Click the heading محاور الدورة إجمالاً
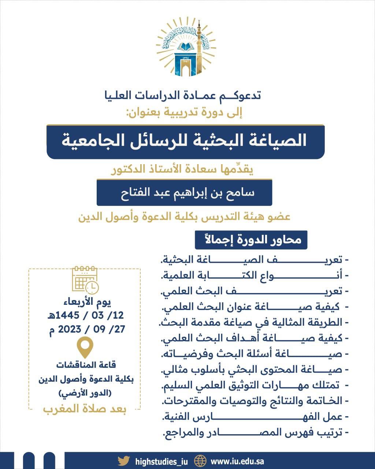coord(251,240)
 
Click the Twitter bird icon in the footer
coord(124,461)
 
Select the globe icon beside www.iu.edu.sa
coord(200,461)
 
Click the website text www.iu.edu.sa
coord(237,461)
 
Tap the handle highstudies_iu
coord(161,461)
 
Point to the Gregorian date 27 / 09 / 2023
coord(87,329)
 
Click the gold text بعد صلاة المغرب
coord(85,409)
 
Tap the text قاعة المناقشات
coord(86,365)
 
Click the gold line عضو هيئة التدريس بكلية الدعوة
coord(184,217)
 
